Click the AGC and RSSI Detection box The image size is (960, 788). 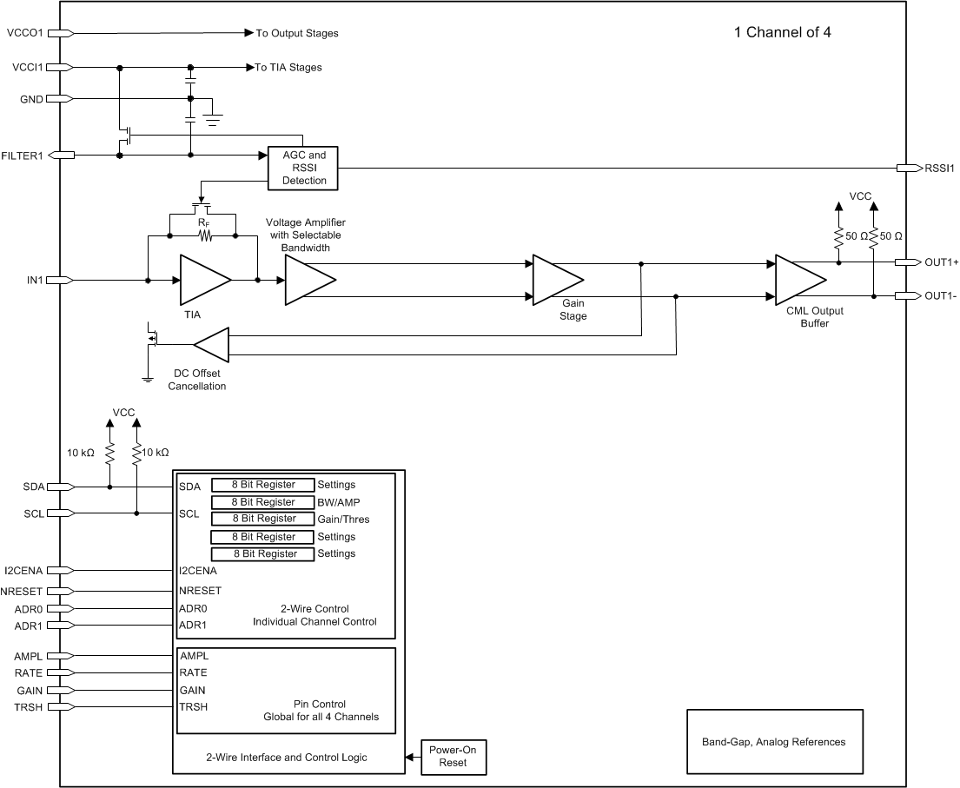(x=304, y=168)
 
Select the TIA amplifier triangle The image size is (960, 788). (x=202, y=280)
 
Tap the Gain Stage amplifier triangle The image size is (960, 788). (x=556, y=280)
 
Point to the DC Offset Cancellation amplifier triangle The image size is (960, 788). (x=212, y=346)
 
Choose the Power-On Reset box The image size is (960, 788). (x=453, y=756)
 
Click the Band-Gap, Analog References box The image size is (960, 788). (x=773, y=742)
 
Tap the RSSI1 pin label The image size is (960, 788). (x=940, y=169)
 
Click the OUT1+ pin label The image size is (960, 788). (x=941, y=262)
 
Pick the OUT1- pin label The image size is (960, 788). (x=940, y=296)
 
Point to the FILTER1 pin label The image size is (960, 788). (x=23, y=156)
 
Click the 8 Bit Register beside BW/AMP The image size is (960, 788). (x=263, y=502)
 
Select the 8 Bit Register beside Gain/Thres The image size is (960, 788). (x=263, y=519)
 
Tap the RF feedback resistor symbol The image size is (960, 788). (x=204, y=235)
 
